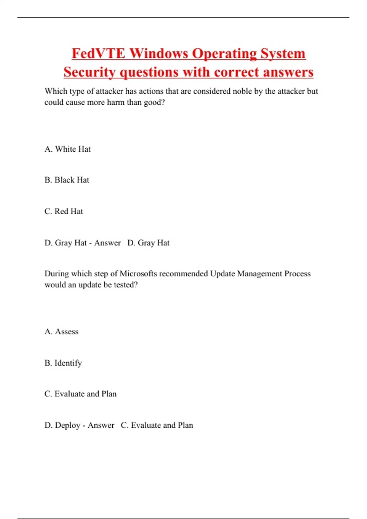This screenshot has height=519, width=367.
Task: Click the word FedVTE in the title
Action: point(98,54)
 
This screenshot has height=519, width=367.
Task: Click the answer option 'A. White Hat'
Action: point(68,149)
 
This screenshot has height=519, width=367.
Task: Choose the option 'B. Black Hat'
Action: point(67,180)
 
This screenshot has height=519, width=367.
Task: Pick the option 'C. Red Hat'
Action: point(64,211)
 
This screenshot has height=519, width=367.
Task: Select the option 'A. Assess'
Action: point(61,332)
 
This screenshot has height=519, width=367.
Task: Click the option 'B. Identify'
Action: point(63,363)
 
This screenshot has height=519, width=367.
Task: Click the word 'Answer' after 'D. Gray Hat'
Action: point(107,243)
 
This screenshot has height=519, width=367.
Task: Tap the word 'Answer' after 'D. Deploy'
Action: point(101,425)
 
